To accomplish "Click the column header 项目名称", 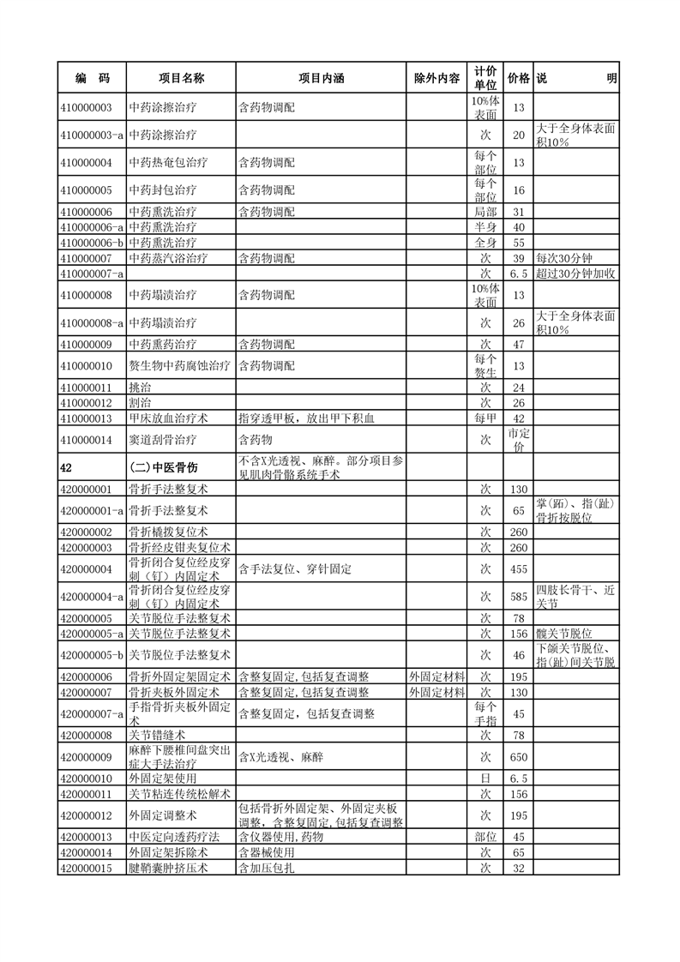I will coord(181,79).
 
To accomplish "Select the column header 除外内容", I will coord(436,79).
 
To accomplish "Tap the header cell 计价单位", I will coord(484,78).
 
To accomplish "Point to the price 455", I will coord(518,568).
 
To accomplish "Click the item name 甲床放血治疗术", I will coord(169,418).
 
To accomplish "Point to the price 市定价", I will coord(518,440).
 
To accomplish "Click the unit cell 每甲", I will coord(484,418).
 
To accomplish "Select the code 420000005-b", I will coord(93,655).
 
